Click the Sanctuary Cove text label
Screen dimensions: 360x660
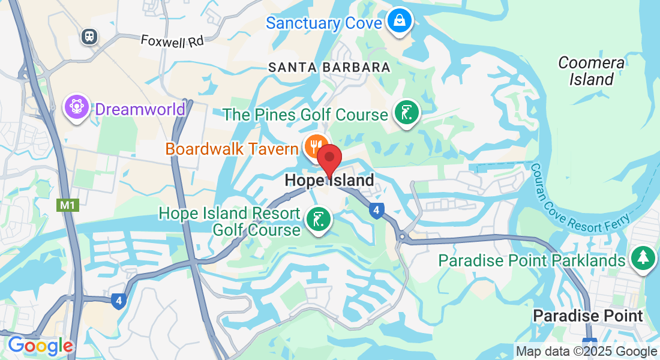(324, 23)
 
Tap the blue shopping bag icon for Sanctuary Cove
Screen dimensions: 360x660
(398, 20)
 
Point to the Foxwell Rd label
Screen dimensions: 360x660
(172, 41)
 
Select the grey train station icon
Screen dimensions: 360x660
(90, 36)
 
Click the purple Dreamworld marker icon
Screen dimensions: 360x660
(77, 107)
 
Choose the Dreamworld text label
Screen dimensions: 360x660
(140, 110)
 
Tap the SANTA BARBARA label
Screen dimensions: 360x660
(329, 67)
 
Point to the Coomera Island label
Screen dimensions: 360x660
(591, 71)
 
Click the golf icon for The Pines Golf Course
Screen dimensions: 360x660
(406, 112)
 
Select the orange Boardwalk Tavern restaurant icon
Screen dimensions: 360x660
(314, 146)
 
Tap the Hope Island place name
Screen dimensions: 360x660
(329, 180)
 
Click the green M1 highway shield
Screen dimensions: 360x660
(67, 206)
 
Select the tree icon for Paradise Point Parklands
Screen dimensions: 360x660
(643, 258)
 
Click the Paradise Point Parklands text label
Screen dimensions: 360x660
(532, 261)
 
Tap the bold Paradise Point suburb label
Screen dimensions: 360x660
(587, 316)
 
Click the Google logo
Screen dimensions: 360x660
(40, 346)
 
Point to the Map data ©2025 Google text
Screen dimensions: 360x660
(586, 352)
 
